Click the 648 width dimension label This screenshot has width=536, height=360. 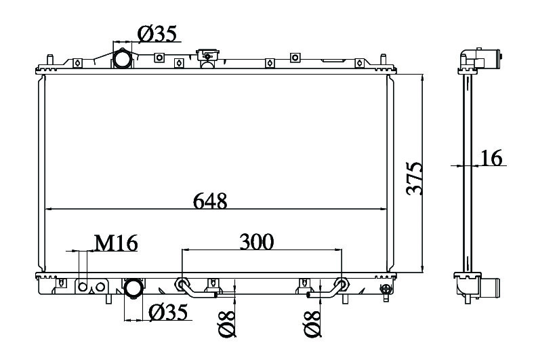point(210,201)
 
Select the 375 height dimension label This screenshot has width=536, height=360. point(415,178)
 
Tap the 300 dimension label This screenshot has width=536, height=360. point(256,242)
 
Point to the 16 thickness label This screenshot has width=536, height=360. point(491,157)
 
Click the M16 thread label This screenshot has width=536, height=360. point(116,243)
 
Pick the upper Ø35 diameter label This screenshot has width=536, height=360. point(157,33)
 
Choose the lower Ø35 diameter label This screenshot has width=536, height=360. point(169,312)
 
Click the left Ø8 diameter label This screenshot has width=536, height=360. point(227,324)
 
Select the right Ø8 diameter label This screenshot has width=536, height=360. point(312,324)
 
